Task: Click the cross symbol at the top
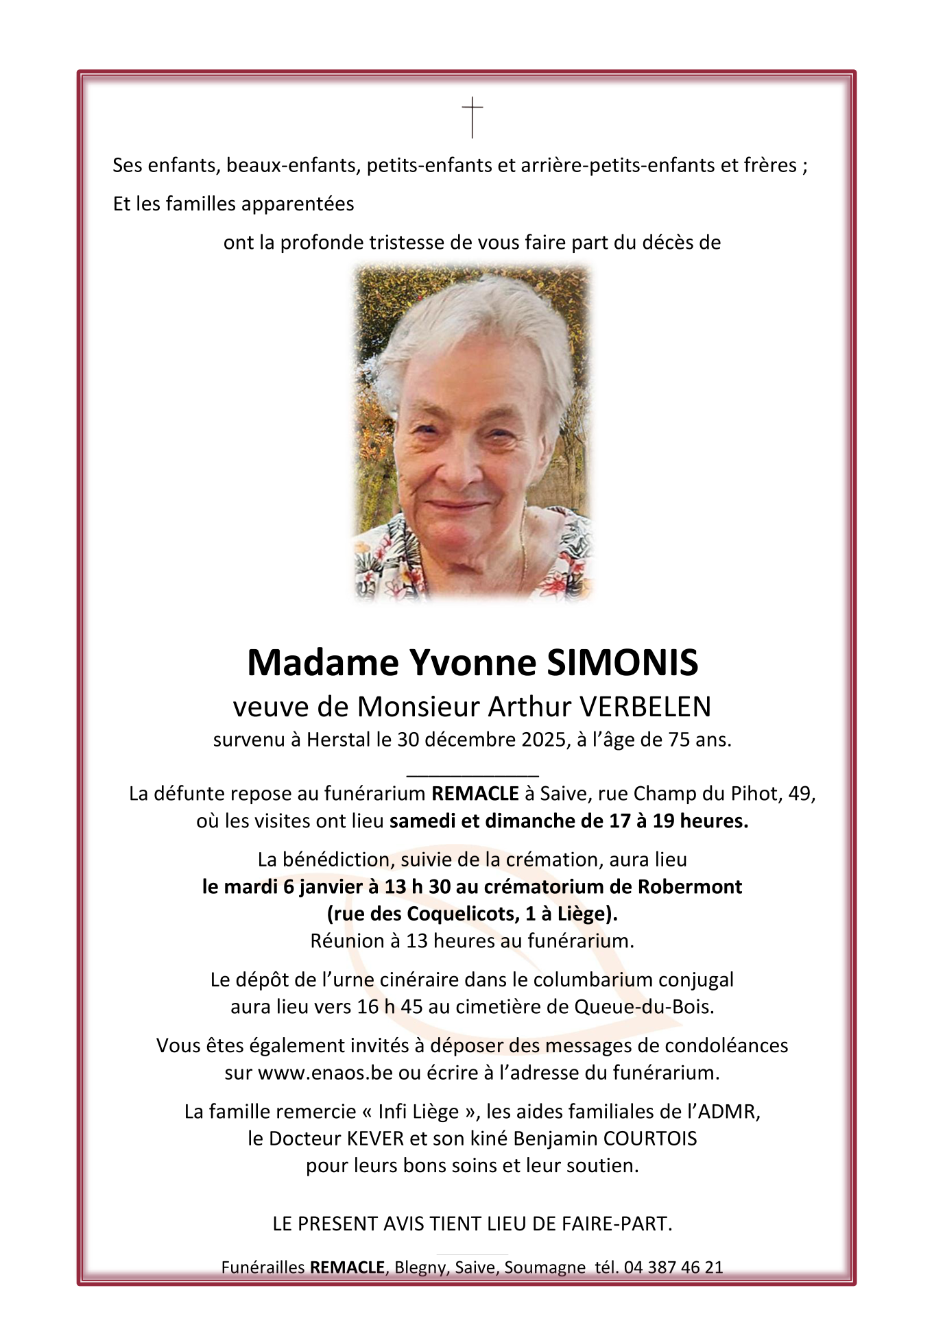click(x=472, y=117)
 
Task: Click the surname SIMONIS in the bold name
click(x=623, y=662)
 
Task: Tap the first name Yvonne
click(x=472, y=662)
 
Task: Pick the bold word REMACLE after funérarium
click(x=475, y=794)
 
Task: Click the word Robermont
click(x=690, y=887)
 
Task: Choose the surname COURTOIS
click(x=649, y=1139)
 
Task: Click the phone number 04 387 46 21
click(x=673, y=1267)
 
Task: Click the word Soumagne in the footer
click(x=545, y=1267)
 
